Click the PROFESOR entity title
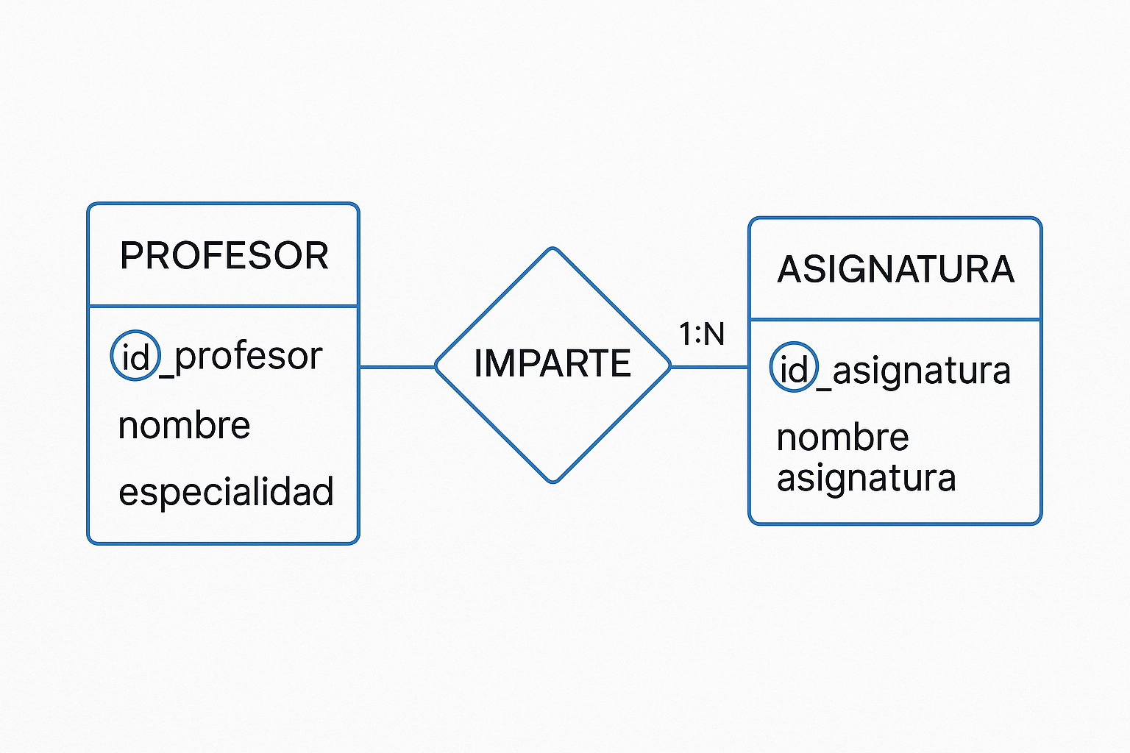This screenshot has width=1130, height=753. click(224, 256)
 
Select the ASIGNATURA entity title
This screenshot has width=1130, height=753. click(895, 269)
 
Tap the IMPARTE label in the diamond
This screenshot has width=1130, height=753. click(552, 363)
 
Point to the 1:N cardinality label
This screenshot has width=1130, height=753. click(702, 334)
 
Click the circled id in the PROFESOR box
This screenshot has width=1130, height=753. click(135, 356)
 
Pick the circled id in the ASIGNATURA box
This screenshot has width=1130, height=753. click(794, 368)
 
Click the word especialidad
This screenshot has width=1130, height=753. click(226, 491)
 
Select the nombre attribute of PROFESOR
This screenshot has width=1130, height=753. click(184, 425)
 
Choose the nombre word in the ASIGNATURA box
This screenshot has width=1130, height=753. click(842, 438)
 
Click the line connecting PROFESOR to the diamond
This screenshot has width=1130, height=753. click(397, 367)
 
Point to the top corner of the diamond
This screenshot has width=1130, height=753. click(553, 248)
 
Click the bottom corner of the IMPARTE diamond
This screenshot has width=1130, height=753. click(553, 482)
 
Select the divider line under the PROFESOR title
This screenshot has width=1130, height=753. click(224, 306)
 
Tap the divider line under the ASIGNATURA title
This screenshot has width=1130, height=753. click(895, 319)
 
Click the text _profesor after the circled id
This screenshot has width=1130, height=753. click(241, 358)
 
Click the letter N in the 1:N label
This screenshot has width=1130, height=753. click(714, 334)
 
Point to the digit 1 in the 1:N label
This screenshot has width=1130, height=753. click(685, 334)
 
